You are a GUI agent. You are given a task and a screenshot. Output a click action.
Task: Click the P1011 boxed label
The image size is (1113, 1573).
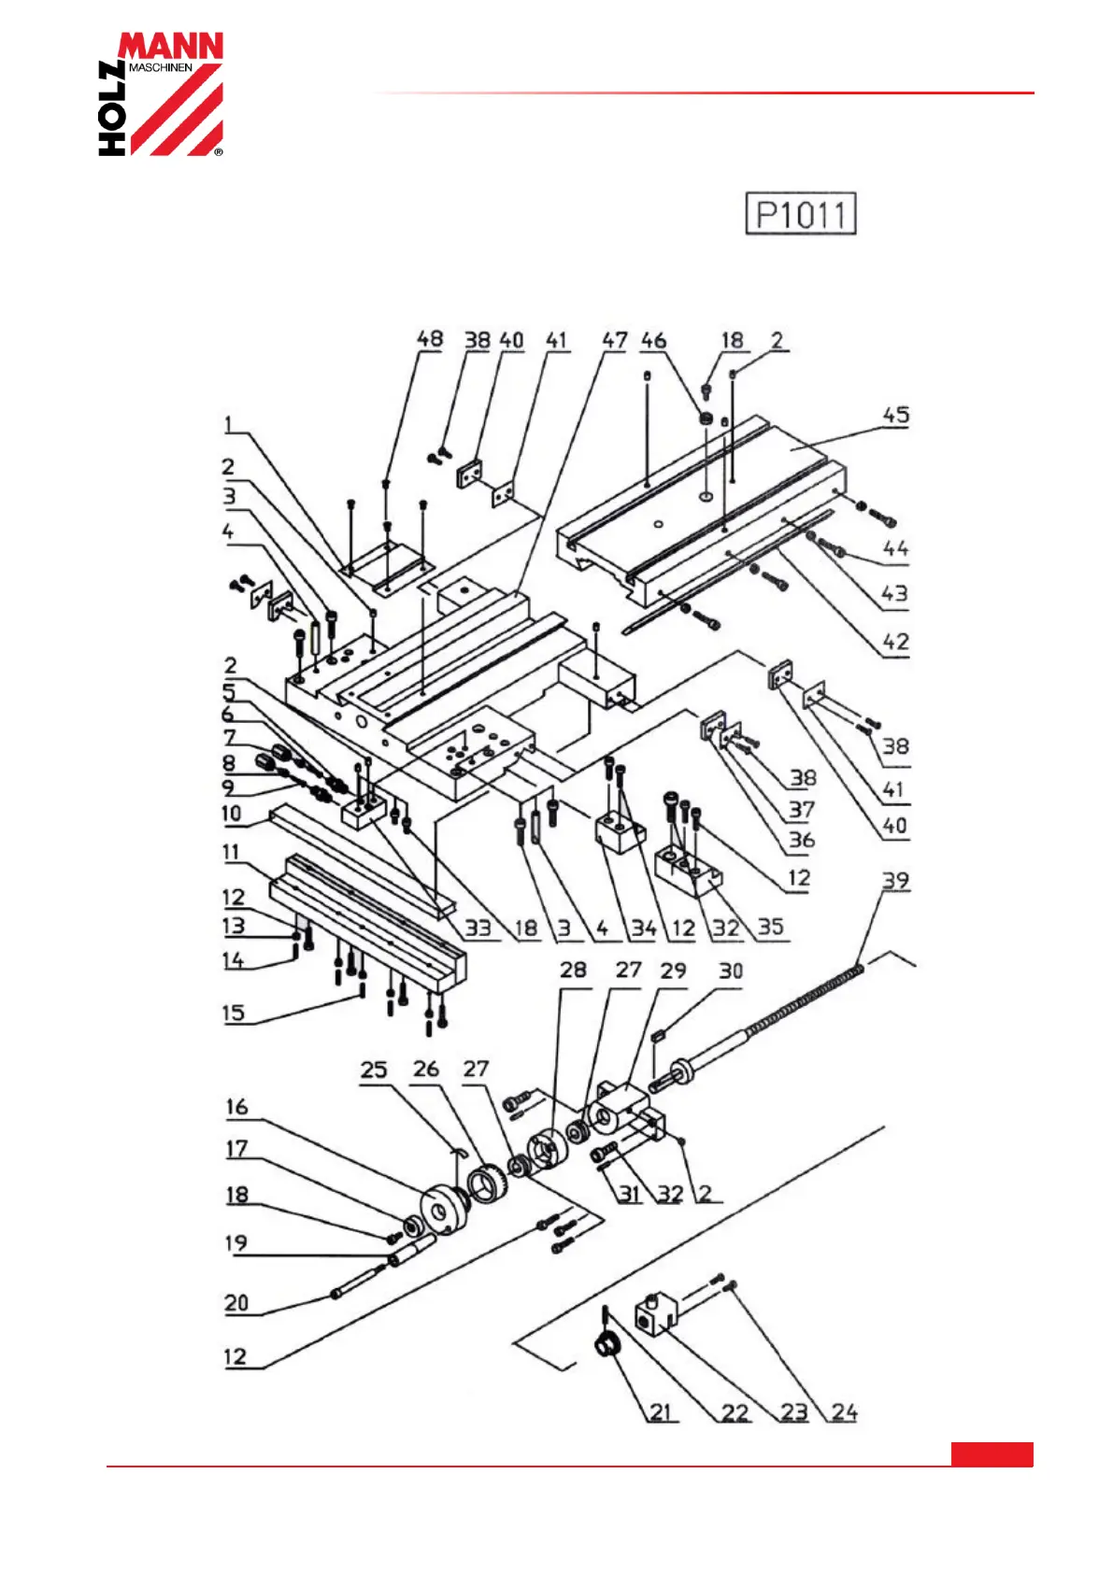pyautogui.click(x=800, y=213)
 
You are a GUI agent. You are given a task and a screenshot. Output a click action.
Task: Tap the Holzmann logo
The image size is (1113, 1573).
pyautogui.click(x=161, y=93)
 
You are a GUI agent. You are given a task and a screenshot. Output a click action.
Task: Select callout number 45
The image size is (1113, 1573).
pyautogui.click(x=896, y=415)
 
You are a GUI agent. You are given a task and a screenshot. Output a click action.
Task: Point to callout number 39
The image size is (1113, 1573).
pyautogui.click(x=895, y=880)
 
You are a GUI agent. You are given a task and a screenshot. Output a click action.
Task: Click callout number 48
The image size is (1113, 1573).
pyautogui.click(x=429, y=338)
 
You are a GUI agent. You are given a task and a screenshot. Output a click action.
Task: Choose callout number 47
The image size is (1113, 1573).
pyautogui.click(x=614, y=340)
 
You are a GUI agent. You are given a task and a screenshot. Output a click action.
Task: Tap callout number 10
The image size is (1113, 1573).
pyautogui.click(x=231, y=814)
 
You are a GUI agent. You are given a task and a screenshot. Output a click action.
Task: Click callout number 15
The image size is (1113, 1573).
pyautogui.click(x=234, y=1013)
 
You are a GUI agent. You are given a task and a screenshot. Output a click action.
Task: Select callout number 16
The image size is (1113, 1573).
pyautogui.click(x=236, y=1107)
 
